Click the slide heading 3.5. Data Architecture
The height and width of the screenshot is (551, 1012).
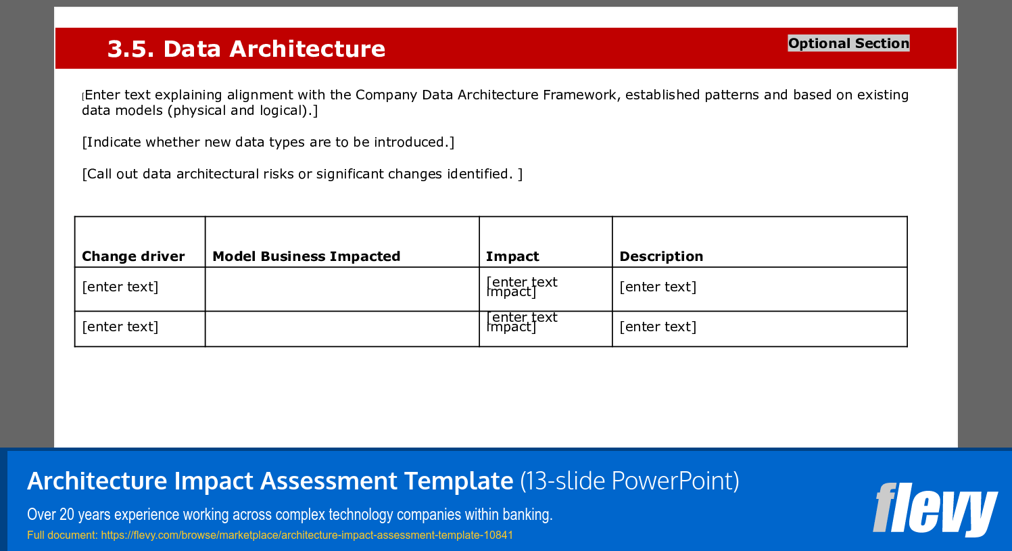[246, 49]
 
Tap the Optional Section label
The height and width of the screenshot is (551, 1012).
[848, 43]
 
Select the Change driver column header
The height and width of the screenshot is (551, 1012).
[133, 256]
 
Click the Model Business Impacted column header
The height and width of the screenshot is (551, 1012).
[306, 256]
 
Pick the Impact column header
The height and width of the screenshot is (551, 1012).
[512, 256]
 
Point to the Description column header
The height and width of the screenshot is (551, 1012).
[661, 256]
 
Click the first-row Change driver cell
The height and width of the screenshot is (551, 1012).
[120, 287]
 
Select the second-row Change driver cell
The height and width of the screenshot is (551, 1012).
[120, 327]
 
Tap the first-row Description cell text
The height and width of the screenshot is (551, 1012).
[658, 287]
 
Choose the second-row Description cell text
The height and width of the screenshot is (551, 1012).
[658, 327]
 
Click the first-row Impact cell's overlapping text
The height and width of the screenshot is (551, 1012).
[521, 287]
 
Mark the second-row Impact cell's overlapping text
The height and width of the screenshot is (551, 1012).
[521, 322]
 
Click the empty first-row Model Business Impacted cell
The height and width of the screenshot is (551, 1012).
[342, 289]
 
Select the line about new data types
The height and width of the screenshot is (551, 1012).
[268, 142]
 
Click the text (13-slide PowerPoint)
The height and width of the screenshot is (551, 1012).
[629, 481]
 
